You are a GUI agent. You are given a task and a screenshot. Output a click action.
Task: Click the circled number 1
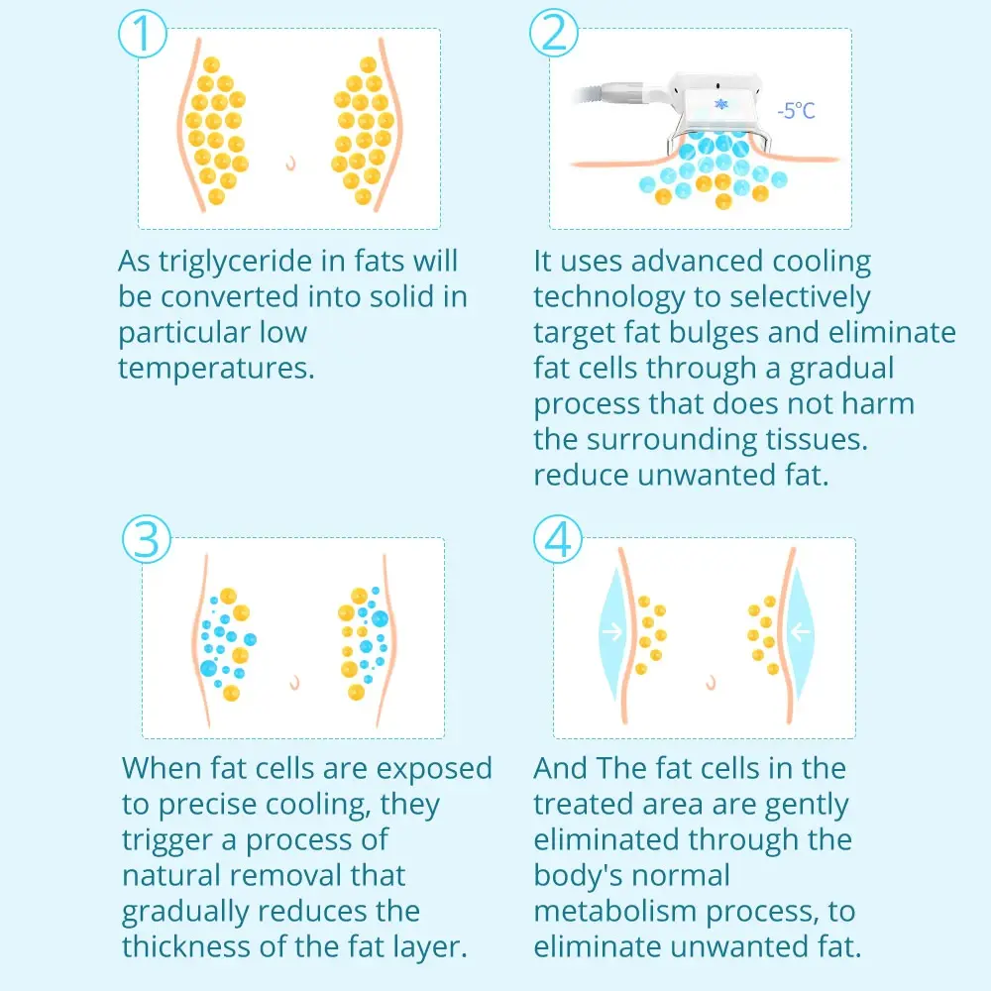coord(143,34)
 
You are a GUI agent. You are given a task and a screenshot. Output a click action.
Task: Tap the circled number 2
coord(554,33)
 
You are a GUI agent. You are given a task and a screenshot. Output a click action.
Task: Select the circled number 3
coord(147,539)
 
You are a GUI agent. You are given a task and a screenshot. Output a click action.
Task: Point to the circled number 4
coord(557,539)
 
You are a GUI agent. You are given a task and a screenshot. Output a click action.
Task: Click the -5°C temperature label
coord(797,111)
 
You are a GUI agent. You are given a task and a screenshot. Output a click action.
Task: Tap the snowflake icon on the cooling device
coord(721,104)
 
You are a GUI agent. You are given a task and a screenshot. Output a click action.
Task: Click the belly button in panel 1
coord(290,164)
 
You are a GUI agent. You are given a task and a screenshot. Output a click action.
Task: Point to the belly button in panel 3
coord(294,683)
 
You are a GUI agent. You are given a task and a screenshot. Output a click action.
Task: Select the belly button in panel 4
coord(711,683)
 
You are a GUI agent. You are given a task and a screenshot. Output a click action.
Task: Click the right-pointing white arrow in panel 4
coord(611,631)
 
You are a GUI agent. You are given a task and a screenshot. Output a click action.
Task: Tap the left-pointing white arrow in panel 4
coord(800,630)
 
